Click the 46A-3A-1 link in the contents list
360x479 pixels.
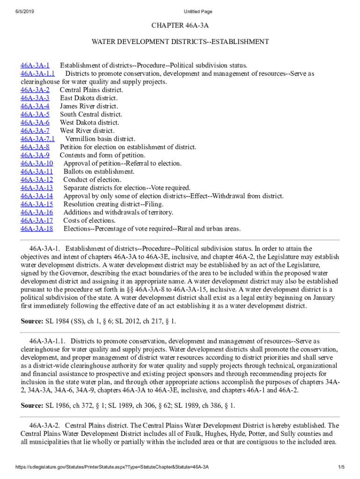[x=35, y=65]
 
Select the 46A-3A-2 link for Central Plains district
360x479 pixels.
[x=35, y=90]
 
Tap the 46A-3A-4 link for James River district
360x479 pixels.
[x=35, y=106]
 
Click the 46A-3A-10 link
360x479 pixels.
[x=37, y=163]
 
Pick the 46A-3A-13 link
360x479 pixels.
[x=37, y=188]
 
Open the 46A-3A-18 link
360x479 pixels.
[x=37, y=229]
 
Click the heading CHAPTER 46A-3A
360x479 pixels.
[x=180, y=25]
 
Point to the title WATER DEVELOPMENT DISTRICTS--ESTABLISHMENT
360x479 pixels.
[x=180, y=42]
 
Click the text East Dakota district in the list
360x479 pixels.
[x=89, y=98]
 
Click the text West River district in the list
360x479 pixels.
[x=87, y=131]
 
